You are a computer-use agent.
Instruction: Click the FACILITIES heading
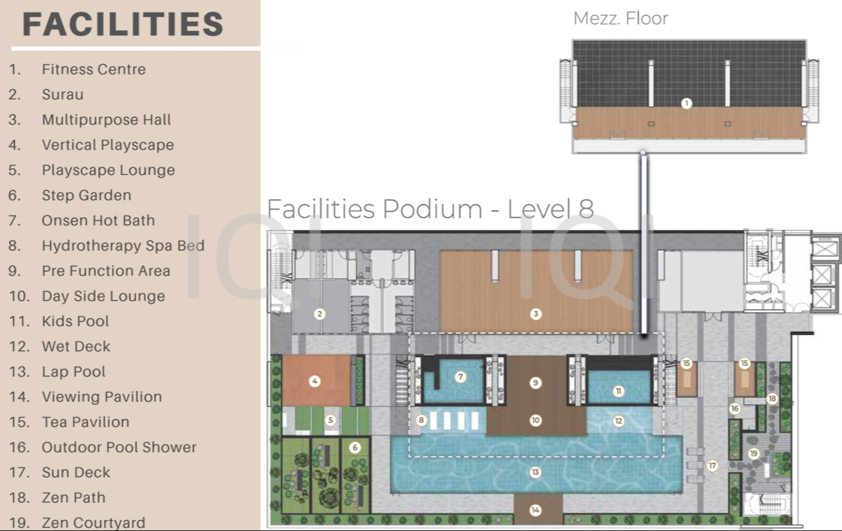[122, 24]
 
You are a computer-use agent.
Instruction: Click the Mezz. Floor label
[621, 18]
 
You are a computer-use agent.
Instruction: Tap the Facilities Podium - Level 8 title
[430, 209]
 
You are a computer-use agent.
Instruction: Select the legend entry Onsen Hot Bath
[98, 220]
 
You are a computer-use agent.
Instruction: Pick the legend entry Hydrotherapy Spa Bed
[123, 246]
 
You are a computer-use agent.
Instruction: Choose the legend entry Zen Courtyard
[94, 522]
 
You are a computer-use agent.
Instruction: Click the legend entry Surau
[63, 94]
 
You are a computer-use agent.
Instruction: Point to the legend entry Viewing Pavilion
[102, 397]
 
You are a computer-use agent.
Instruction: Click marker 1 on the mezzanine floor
[686, 103]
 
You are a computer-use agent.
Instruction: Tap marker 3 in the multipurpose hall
[535, 314]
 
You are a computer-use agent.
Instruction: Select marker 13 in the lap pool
[535, 473]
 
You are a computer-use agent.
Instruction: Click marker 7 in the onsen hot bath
[460, 377]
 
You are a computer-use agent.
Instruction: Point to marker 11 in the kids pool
[618, 391]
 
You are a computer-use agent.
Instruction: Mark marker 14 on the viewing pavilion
[535, 510]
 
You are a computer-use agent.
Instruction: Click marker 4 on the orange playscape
[315, 381]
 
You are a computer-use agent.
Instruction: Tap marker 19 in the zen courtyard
[754, 454]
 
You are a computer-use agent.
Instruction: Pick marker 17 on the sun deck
[712, 465]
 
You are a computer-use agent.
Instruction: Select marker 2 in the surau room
[319, 314]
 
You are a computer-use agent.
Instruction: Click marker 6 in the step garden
[355, 447]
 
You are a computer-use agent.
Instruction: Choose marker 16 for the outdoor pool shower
[734, 409]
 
